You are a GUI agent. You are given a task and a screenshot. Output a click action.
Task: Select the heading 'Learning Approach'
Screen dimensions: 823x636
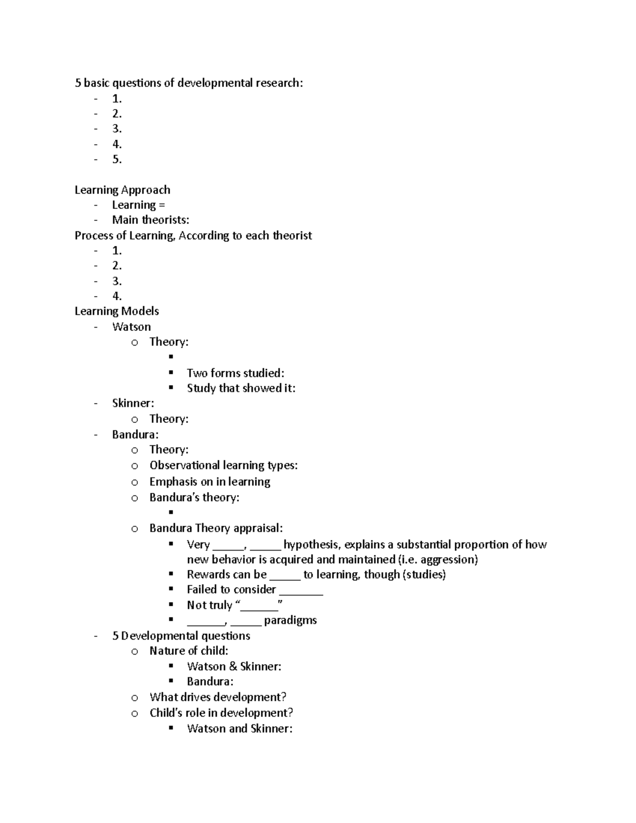tap(122, 190)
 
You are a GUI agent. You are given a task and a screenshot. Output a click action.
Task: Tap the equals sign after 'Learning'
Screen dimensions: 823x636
tap(162, 205)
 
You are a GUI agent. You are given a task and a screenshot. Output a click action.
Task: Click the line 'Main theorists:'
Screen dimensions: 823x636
tap(151, 220)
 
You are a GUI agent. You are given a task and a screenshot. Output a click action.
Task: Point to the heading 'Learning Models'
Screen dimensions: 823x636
tap(117, 311)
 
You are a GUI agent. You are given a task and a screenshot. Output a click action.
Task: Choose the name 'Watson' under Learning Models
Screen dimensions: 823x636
tap(131, 326)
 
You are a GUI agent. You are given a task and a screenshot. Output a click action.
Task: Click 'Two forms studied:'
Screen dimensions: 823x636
tap(235, 373)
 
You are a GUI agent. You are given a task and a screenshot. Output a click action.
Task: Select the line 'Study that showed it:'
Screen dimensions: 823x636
tap(241, 388)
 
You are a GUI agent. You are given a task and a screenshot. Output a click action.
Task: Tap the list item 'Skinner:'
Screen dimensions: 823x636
tap(133, 403)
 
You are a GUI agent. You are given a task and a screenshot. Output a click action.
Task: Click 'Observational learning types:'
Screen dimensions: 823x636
tap(223, 465)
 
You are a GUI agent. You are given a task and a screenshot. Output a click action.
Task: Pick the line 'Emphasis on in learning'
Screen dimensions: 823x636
tap(210, 482)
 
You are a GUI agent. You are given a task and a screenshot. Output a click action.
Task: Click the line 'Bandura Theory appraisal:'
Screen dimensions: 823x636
tap(216, 528)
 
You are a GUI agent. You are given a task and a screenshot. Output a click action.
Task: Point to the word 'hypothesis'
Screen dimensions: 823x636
tap(312, 544)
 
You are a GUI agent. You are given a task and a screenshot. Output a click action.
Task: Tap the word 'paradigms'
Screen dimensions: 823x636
tap(290, 620)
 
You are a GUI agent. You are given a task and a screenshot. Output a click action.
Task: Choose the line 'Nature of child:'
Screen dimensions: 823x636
tap(189, 651)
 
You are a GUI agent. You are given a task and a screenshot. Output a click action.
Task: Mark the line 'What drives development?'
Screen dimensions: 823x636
tap(218, 697)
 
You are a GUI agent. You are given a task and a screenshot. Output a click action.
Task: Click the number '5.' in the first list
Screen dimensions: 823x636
tap(117, 160)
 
